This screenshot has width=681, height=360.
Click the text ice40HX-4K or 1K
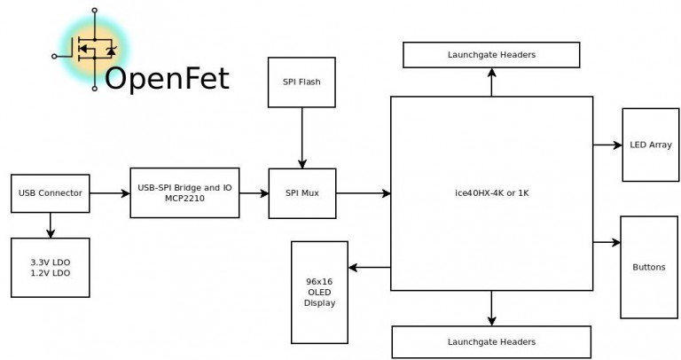coord(491,192)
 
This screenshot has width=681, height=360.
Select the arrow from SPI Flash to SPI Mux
coord(301,137)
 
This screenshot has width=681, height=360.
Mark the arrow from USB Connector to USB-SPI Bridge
coord(110,193)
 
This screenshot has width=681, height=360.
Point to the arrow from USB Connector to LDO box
coord(51,225)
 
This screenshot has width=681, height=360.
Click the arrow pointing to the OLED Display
coord(370,268)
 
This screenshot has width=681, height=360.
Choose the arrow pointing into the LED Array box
coord(607,145)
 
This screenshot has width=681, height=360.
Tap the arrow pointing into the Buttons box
coord(607,242)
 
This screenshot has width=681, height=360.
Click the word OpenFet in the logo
coord(168,79)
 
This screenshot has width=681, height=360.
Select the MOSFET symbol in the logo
coord(94,49)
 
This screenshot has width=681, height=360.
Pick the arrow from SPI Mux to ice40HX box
coord(364,193)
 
